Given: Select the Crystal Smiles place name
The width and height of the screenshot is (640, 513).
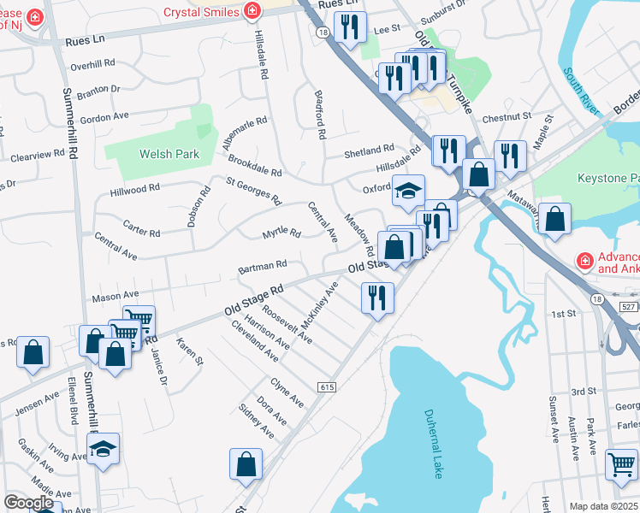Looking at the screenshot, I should [x=201, y=11].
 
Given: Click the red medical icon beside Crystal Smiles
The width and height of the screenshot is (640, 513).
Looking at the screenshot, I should [x=252, y=11].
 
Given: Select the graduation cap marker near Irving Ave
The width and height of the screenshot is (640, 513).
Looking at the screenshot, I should [x=104, y=448].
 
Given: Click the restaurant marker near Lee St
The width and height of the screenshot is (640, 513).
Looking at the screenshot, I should [x=350, y=27].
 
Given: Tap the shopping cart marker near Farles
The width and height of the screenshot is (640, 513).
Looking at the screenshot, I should [x=621, y=464].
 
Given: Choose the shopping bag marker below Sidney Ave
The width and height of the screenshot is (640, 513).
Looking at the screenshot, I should [x=246, y=464].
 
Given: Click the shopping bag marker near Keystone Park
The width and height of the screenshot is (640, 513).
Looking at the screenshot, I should [x=555, y=217].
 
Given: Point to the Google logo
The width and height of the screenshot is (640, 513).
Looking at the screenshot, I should [x=28, y=503].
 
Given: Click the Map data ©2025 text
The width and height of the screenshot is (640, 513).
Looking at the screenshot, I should [x=603, y=506].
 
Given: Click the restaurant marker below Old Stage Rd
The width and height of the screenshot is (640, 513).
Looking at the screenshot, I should [x=377, y=297].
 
